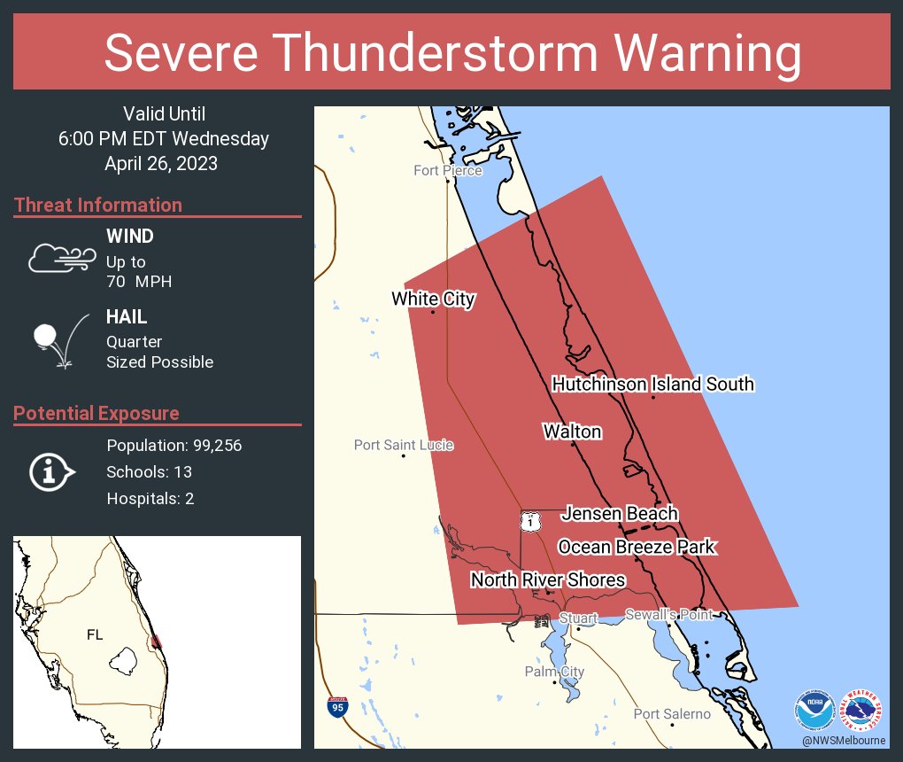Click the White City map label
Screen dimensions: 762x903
(433, 299)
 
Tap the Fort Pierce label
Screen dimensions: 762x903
(448, 170)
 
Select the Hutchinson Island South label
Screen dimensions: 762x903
(652, 384)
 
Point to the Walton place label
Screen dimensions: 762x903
(572, 432)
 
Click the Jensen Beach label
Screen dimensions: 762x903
(620, 513)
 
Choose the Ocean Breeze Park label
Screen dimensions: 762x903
(636, 547)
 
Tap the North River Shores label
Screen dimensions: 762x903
(548, 579)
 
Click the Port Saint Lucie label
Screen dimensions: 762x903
(403, 445)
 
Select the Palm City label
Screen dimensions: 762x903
(554, 672)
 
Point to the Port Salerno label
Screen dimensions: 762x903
(672, 714)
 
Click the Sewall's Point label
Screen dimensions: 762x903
(668, 614)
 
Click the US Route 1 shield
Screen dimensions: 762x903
(529, 521)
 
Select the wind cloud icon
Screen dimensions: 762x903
(61, 258)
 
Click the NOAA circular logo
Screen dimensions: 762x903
(814, 710)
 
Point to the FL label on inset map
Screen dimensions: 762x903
(95, 634)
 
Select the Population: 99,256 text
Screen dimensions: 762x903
(174, 445)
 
